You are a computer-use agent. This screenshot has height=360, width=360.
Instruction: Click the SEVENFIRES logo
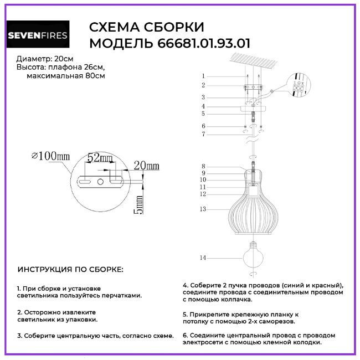click(x=38, y=36)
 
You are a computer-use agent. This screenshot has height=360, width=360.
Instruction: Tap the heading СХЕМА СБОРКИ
click(x=147, y=28)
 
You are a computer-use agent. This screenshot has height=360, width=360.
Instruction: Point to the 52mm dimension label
click(x=100, y=158)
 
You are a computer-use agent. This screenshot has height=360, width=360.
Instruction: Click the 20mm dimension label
click(x=146, y=166)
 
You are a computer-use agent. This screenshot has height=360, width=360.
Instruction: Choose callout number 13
click(x=203, y=209)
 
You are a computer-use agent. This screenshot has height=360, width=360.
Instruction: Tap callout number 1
click(x=203, y=76)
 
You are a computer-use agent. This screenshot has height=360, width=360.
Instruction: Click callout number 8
click(x=203, y=166)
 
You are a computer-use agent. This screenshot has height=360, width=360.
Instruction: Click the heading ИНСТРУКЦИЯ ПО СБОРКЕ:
click(x=71, y=269)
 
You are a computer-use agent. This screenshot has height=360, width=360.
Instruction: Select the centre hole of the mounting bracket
click(x=100, y=182)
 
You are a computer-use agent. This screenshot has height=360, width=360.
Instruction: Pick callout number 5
click(x=203, y=113)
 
